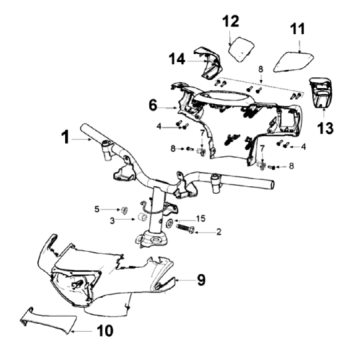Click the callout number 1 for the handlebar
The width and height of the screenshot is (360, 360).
(x=66, y=137)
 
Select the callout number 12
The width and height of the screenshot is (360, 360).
(x=231, y=21)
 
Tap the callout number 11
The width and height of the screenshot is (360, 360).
(x=297, y=29)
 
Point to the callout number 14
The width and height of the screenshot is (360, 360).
(x=177, y=59)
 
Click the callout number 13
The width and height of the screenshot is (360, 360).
(x=325, y=128)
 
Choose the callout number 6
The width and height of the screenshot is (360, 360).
(x=153, y=105)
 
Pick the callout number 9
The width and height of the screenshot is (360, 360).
(x=201, y=280)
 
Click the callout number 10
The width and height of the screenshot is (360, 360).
(x=105, y=331)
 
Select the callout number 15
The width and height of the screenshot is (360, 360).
(x=201, y=219)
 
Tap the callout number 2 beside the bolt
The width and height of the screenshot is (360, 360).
(x=219, y=232)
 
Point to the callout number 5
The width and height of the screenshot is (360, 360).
(x=97, y=209)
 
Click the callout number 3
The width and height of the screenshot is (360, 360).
(x=113, y=220)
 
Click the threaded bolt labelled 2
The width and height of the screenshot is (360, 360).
(x=184, y=228)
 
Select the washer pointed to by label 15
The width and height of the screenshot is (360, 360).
(x=169, y=223)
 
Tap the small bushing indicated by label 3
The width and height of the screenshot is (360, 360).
(x=143, y=218)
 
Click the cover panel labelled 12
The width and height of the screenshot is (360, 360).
(x=241, y=49)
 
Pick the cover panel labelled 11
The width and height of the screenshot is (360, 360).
(x=294, y=60)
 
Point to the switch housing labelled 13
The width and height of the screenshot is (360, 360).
(x=322, y=92)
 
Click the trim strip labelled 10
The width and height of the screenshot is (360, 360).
(x=50, y=320)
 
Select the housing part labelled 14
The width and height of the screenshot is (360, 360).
(x=208, y=63)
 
